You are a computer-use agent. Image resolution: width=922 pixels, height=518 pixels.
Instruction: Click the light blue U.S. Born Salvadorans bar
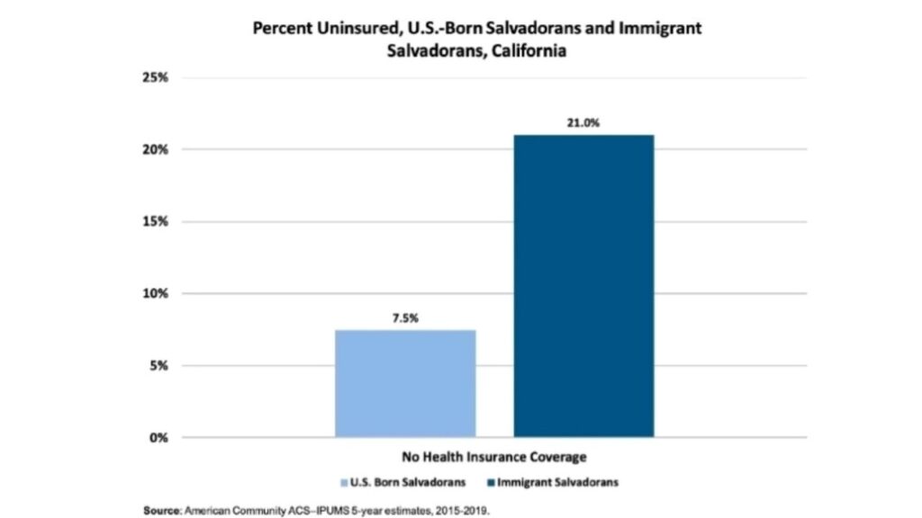[x=405, y=383]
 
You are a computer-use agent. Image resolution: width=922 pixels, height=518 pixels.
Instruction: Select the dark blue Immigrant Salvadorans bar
[x=583, y=286]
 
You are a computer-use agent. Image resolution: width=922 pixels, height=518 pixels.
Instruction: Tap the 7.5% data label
[x=405, y=318]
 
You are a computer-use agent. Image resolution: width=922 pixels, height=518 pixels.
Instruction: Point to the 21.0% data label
[x=583, y=122]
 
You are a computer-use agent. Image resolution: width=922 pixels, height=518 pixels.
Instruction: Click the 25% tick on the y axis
[x=156, y=77]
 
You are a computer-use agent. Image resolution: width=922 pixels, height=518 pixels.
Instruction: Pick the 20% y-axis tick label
[x=156, y=149]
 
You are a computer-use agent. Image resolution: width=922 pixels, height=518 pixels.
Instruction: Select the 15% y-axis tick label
[x=156, y=221]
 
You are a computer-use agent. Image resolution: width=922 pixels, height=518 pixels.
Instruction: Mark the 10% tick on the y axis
[x=156, y=293]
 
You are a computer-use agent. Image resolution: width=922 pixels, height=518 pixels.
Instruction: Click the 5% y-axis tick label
[x=159, y=366]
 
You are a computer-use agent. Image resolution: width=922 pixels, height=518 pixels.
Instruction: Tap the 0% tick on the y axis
[x=159, y=438]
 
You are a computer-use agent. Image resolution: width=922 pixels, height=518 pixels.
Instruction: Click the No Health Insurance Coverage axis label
[x=494, y=456]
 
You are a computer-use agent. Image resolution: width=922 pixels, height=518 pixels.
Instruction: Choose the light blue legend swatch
[x=343, y=483]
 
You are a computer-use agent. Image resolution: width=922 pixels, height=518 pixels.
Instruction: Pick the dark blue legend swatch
[x=492, y=483]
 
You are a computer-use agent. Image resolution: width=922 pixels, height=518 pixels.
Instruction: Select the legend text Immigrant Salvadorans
[x=559, y=483]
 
